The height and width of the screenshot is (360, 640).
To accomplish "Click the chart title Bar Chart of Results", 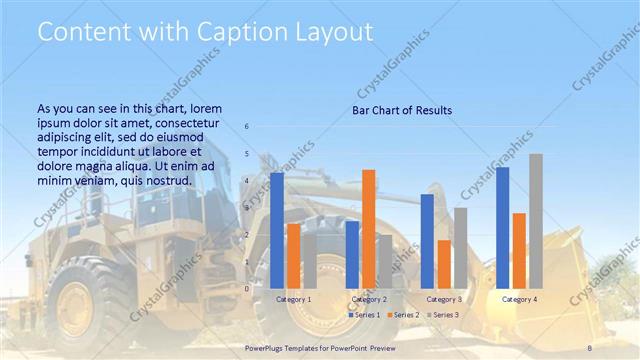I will click(402, 110).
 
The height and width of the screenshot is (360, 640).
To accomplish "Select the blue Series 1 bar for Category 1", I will click(277, 230).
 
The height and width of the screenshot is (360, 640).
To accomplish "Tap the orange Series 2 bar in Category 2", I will click(369, 229).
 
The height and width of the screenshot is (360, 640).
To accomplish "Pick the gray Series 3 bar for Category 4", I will click(536, 221).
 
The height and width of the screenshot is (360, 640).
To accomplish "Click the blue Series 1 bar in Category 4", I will click(502, 227).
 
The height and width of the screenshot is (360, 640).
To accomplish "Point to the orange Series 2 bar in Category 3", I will click(444, 264).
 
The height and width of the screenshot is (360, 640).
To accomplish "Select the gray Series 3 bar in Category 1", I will click(309, 261).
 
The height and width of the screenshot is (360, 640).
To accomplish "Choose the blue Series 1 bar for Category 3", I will click(427, 241).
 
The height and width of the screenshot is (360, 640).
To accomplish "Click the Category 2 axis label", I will click(369, 299).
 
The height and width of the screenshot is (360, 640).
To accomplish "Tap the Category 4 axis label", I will click(519, 299).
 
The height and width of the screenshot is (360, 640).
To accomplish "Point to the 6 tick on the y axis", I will click(247, 127).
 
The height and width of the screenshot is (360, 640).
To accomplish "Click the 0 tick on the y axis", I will click(247, 288).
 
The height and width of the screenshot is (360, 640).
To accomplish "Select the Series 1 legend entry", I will click(364, 315).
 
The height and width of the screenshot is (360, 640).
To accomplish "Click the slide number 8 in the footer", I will click(591, 346).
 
